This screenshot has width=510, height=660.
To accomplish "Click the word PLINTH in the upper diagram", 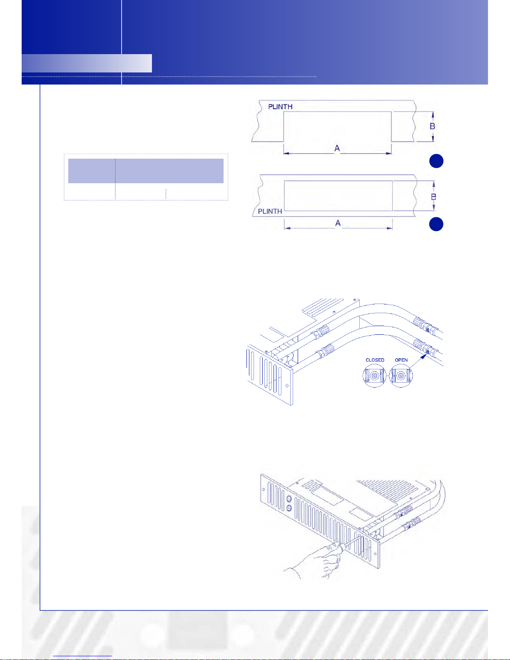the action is click(x=280, y=107).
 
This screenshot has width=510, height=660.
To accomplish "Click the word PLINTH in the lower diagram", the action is click(x=270, y=212).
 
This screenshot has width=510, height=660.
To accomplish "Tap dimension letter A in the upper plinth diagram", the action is click(x=337, y=148).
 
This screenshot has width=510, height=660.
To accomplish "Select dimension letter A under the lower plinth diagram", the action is click(x=338, y=223).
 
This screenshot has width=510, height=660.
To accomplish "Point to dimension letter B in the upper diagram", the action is click(x=432, y=126).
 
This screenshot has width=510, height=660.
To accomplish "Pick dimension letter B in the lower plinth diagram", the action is click(x=433, y=197).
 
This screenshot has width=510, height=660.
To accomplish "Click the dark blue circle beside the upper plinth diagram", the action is click(x=436, y=161).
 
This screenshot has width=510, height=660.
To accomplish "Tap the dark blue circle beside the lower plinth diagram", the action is click(x=436, y=224).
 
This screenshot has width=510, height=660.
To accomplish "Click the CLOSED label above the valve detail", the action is click(x=375, y=360).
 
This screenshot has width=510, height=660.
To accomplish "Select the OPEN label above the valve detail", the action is click(x=401, y=360).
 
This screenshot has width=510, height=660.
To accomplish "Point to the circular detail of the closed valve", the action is click(x=374, y=376).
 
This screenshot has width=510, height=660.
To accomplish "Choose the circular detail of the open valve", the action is click(x=401, y=376).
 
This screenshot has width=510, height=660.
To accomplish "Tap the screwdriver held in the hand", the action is click(x=349, y=543).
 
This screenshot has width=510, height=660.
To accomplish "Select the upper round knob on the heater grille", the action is click(x=289, y=498).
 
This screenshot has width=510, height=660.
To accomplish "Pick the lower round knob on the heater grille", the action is click(x=289, y=508).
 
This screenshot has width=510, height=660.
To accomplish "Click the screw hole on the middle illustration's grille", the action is click(x=287, y=386).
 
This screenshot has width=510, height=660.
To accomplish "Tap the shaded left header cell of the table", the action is click(x=92, y=171).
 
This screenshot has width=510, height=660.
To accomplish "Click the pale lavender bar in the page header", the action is click(x=87, y=63).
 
